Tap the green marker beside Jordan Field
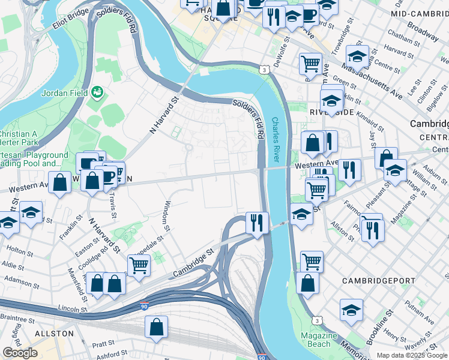click(x=96, y=92)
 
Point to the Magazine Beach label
click(x=319, y=340)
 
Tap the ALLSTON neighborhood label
click(x=54, y=333)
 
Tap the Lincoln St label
click(x=65, y=309)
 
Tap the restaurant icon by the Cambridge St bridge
click(x=257, y=223)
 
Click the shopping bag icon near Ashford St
click(x=156, y=327)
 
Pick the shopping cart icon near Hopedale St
click(x=139, y=265)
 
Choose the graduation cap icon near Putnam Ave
click(x=351, y=310)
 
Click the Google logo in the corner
click(x=20, y=353)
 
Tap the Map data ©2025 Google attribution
click(x=412, y=355)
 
